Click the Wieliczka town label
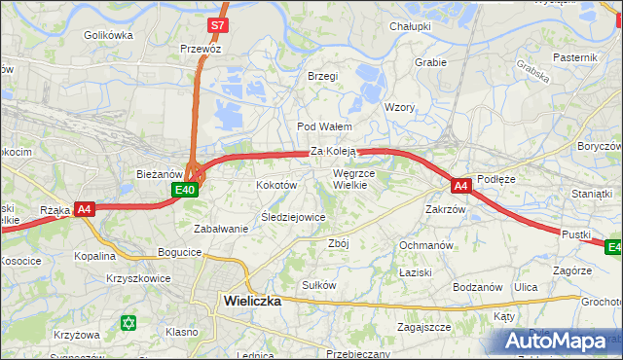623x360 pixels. (x=252, y=301)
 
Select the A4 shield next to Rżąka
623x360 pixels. (x=84, y=208)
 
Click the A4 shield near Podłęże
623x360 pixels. (x=460, y=184)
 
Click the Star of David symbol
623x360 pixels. (x=128, y=322)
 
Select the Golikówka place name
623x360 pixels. (x=108, y=35)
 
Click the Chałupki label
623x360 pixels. (x=410, y=26)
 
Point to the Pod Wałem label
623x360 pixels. (x=324, y=127)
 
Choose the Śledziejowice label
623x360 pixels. (x=293, y=217)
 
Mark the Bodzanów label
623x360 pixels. (x=477, y=287)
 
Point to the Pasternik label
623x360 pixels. (x=574, y=57)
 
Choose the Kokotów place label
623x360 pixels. (x=275, y=185)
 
